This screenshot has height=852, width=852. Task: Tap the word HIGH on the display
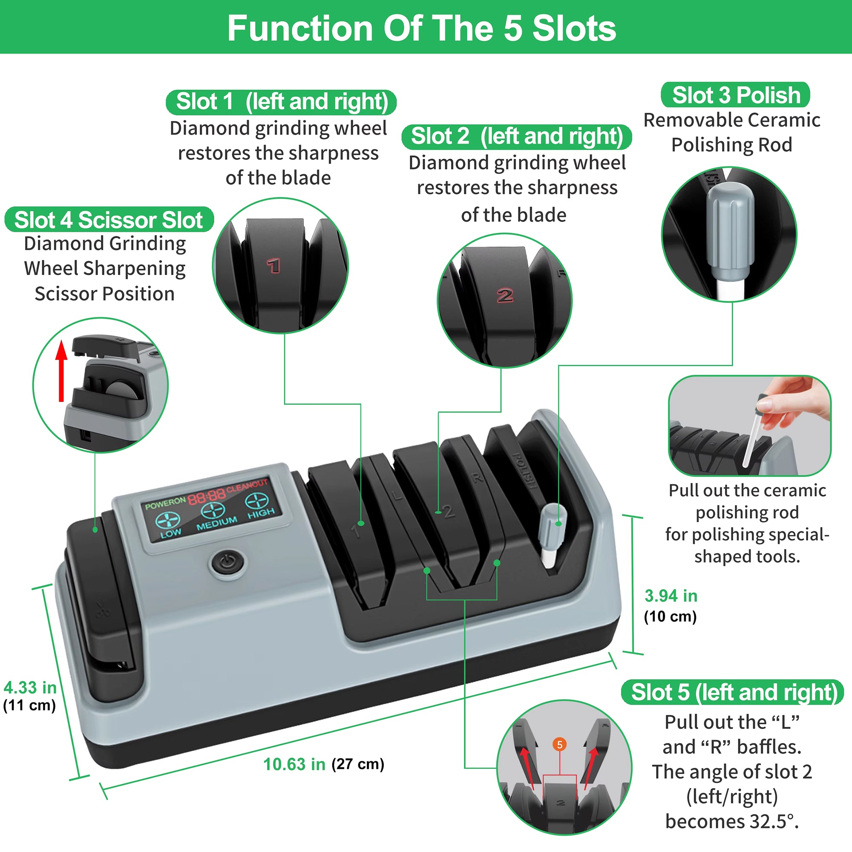click(x=261, y=513)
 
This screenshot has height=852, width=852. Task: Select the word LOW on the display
click(x=171, y=533)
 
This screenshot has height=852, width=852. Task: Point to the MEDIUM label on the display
click(x=216, y=523)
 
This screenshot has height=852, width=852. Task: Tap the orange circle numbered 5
click(x=560, y=745)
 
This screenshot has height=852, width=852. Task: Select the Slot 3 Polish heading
click(x=736, y=95)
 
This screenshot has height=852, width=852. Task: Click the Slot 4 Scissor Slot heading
click(x=109, y=220)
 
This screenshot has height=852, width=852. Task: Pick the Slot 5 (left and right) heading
click(x=733, y=692)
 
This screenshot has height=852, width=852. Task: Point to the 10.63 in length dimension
click(x=294, y=764)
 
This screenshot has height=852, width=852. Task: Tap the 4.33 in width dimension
click(x=30, y=688)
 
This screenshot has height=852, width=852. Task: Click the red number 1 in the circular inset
click(x=273, y=265)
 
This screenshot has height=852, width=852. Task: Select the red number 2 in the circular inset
click(x=505, y=295)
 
